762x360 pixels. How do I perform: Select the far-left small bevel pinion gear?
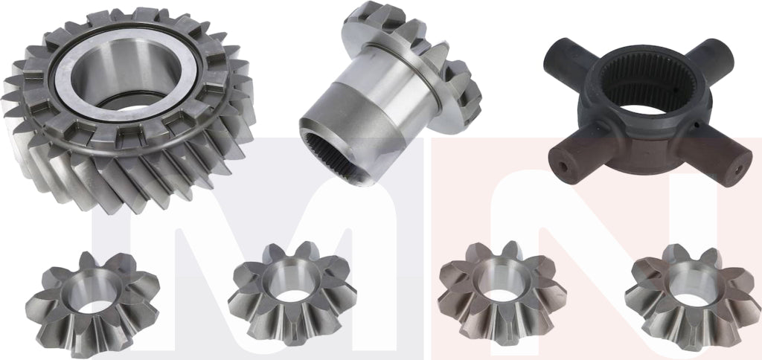coord(92,300)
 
